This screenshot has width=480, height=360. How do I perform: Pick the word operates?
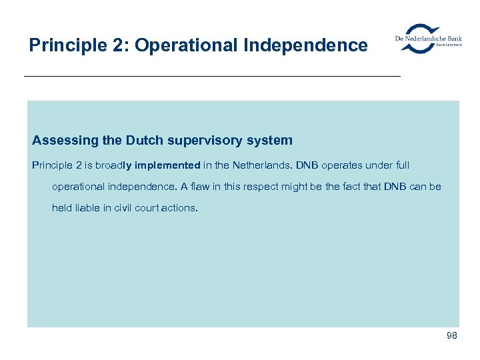(344, 165)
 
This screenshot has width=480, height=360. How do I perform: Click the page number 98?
(451, 336)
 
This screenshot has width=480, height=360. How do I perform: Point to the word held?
(62, 208)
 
